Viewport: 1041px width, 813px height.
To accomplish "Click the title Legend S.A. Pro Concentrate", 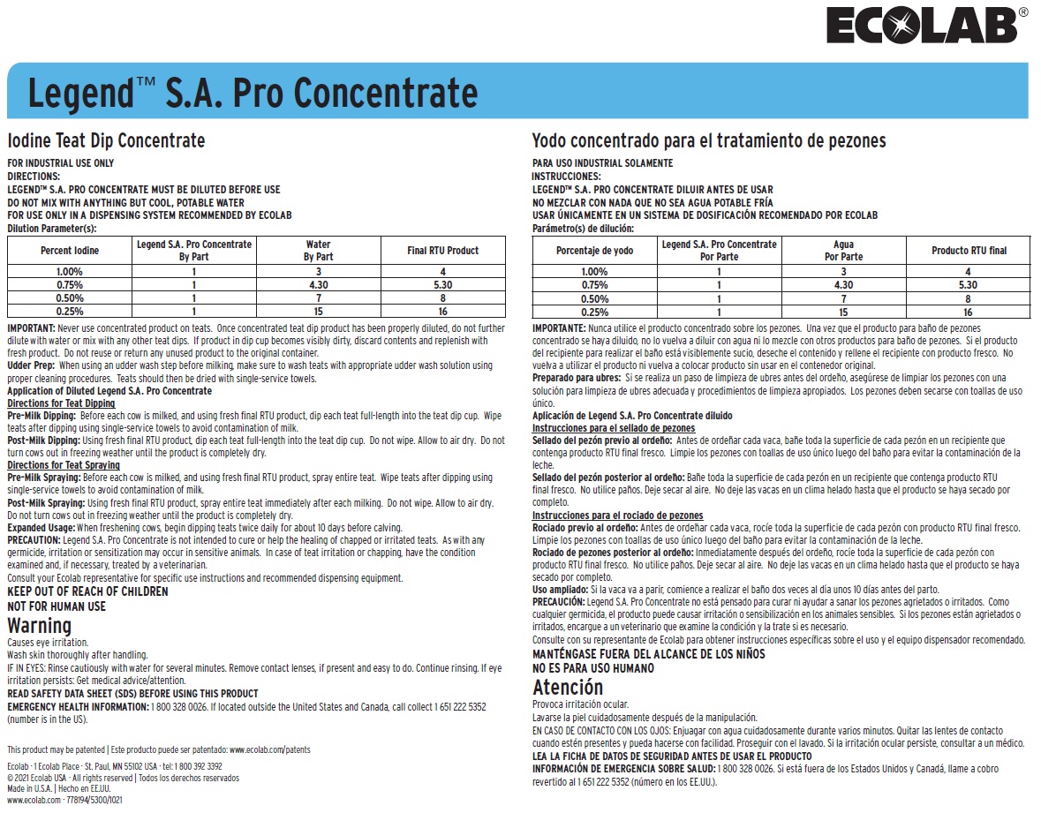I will coord(253,93).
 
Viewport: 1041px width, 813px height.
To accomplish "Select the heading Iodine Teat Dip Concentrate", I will coord(106,140).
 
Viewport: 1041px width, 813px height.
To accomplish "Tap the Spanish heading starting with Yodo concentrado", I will coord(708,141).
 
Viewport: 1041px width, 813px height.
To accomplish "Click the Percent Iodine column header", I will coord(70,251).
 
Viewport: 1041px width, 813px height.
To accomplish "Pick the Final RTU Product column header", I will coord(442,251).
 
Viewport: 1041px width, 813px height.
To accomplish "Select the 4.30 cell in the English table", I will coord(318,285).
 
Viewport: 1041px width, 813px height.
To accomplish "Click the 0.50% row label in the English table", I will coord(70,298).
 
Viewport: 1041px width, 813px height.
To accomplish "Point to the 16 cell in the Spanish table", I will coord(968,312).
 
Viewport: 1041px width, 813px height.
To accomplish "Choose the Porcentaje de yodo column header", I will coord(594,251).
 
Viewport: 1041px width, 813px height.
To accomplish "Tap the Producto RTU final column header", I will coord(969,251).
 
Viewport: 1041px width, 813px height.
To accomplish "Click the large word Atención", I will coord(568,688).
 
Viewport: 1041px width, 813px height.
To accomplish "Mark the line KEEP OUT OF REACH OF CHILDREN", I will coord(87,591).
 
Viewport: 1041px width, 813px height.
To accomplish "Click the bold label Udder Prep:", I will coord(31,365).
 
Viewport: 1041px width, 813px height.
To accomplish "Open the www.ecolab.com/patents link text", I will coord(270,749).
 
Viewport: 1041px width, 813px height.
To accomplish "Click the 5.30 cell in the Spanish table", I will coord(968,285).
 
